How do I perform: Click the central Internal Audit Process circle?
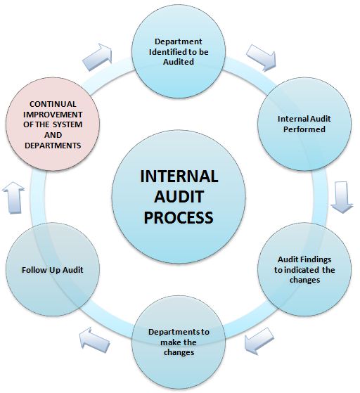click(179, 196)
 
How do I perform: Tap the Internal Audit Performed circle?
click(302, 124)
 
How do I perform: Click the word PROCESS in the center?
click(179, 218)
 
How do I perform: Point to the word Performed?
click(302, 129)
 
